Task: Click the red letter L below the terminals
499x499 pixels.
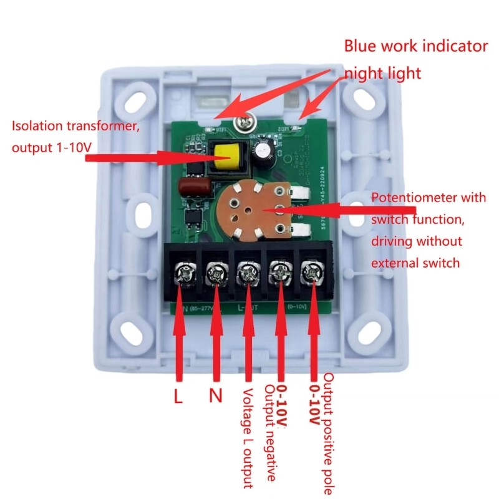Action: tap(178, 396)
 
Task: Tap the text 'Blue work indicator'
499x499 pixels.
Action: tap(416, 46)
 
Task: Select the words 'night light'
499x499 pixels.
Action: tap(383, 73)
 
